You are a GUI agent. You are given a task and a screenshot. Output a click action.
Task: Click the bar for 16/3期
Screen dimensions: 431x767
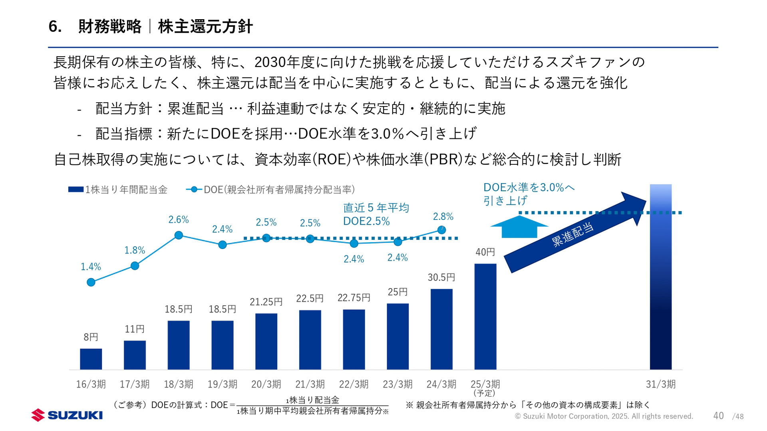(x=91, y=359)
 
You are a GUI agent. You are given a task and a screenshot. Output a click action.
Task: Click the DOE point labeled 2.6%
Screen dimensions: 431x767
(x=179, y=235)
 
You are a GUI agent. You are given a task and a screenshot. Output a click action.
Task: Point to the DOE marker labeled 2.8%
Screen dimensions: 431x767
(x=441, y=230)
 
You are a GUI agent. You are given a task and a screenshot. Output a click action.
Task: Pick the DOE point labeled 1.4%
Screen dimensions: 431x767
(x=91, y=283)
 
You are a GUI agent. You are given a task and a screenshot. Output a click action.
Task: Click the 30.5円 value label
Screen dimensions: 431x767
(x=441, y=277)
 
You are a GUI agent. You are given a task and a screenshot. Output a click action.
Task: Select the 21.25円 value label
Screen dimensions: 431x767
(x=266, y=302)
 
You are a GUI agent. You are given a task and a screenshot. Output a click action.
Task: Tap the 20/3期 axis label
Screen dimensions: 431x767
(x=266, y=384)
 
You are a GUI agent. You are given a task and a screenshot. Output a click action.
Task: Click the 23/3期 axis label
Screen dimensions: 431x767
(x=397, y=384)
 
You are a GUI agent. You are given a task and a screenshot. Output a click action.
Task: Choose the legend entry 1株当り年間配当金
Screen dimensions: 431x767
(x=118, y=190)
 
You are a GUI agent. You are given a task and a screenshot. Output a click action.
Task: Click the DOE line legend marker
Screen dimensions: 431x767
(x=194, y=190)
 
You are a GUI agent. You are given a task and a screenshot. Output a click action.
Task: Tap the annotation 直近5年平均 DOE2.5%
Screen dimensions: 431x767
(x=376, y=214)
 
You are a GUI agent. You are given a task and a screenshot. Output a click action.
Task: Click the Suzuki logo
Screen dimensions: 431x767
(x=67, y=415)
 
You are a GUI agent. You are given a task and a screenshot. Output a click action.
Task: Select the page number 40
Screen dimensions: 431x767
(x=718, y=416)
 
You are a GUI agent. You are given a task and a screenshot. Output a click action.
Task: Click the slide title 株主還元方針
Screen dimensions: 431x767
(x=205, y=27)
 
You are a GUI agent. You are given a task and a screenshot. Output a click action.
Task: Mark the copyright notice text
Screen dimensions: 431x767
(x=604, y=416)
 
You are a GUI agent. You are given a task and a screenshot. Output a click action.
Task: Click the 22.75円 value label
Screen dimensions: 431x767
(x=354, y=298)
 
